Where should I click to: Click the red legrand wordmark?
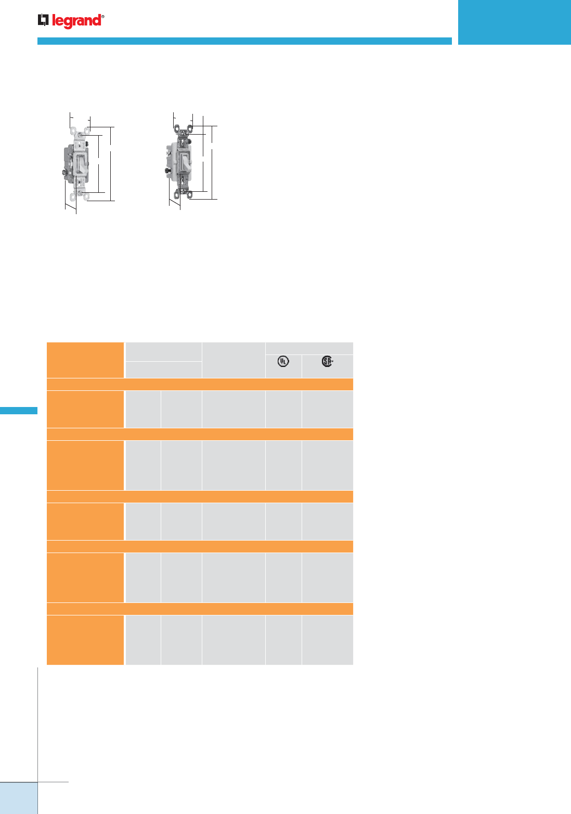pos(76,21)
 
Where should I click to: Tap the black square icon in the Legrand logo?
pos(43,20)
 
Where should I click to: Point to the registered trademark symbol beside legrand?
pos(103,16)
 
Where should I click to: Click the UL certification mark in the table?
pos(283,361)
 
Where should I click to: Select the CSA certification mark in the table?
pos(327,361)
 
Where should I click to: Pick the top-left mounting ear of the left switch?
pos(73,130)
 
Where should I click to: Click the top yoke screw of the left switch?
pos(80,135)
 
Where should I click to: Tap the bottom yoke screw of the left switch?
pos(80,192)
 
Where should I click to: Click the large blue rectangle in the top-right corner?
pos(514,22)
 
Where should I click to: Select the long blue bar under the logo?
pos(244,41)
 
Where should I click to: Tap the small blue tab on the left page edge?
pos(19,411)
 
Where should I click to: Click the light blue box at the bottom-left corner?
pos(19,798)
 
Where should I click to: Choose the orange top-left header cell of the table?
pos(85,360)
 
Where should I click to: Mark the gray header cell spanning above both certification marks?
pos(309,348)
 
